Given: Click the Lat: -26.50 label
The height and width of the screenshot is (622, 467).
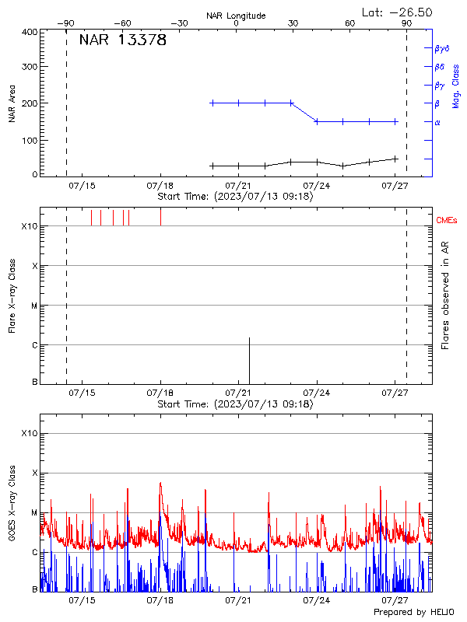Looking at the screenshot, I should click(x=397, y=12).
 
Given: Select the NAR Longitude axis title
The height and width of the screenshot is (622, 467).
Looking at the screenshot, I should click(x=236, y=16).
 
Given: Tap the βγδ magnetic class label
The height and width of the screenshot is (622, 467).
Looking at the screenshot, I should click(x=441, y=48).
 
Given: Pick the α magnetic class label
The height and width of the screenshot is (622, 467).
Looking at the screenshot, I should click(x=437, y=122).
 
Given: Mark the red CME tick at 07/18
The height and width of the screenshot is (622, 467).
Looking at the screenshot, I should click(x=160, y=217).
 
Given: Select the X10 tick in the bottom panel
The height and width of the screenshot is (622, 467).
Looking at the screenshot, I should click(x=29, y=433).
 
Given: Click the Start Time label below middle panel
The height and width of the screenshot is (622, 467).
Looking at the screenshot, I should click(x=235, y=404).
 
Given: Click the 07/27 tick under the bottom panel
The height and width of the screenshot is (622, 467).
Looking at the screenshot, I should click(x=396, y=601).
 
